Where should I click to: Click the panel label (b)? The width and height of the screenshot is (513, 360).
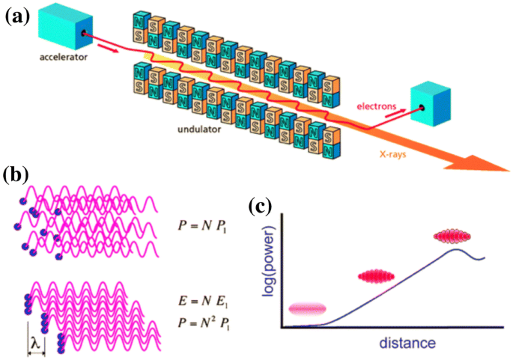16,176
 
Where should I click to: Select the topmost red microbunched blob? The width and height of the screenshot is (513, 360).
455,237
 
